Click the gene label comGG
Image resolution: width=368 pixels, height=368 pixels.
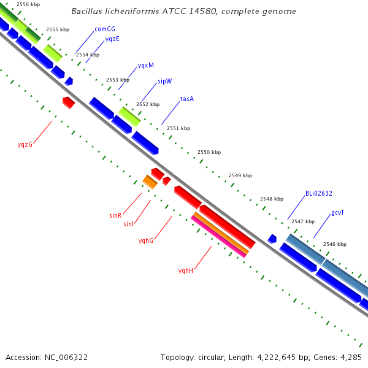pos(105,29)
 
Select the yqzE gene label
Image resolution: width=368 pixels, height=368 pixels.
pos(112,39)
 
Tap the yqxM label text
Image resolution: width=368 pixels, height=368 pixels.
pos(146,65)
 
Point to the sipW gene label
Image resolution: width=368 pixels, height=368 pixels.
pos(165,81)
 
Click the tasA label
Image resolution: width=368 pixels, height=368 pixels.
pos(187,99)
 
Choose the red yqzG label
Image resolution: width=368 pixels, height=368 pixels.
pos(25,144)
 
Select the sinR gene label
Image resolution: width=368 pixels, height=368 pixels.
pos(115,215)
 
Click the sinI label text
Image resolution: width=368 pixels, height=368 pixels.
pos(128,224)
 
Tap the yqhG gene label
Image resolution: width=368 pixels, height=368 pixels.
pos(146,240)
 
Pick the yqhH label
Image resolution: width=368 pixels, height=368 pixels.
pos(186,270)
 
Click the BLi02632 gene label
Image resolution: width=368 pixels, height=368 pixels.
pos(319,193)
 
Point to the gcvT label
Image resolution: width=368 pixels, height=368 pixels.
pos(337,213)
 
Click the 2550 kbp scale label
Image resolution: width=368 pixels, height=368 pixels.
pos(209,152)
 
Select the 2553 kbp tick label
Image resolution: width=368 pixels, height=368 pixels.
pos(118,80)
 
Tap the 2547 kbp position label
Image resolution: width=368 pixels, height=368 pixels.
pos(303,221)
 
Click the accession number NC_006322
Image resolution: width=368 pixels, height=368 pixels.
pos(66,358)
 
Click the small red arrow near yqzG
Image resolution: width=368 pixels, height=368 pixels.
pos(69,102)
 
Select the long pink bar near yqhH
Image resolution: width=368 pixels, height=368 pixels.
pos(218,237)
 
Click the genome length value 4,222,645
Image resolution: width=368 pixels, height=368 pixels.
pos(276,358)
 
